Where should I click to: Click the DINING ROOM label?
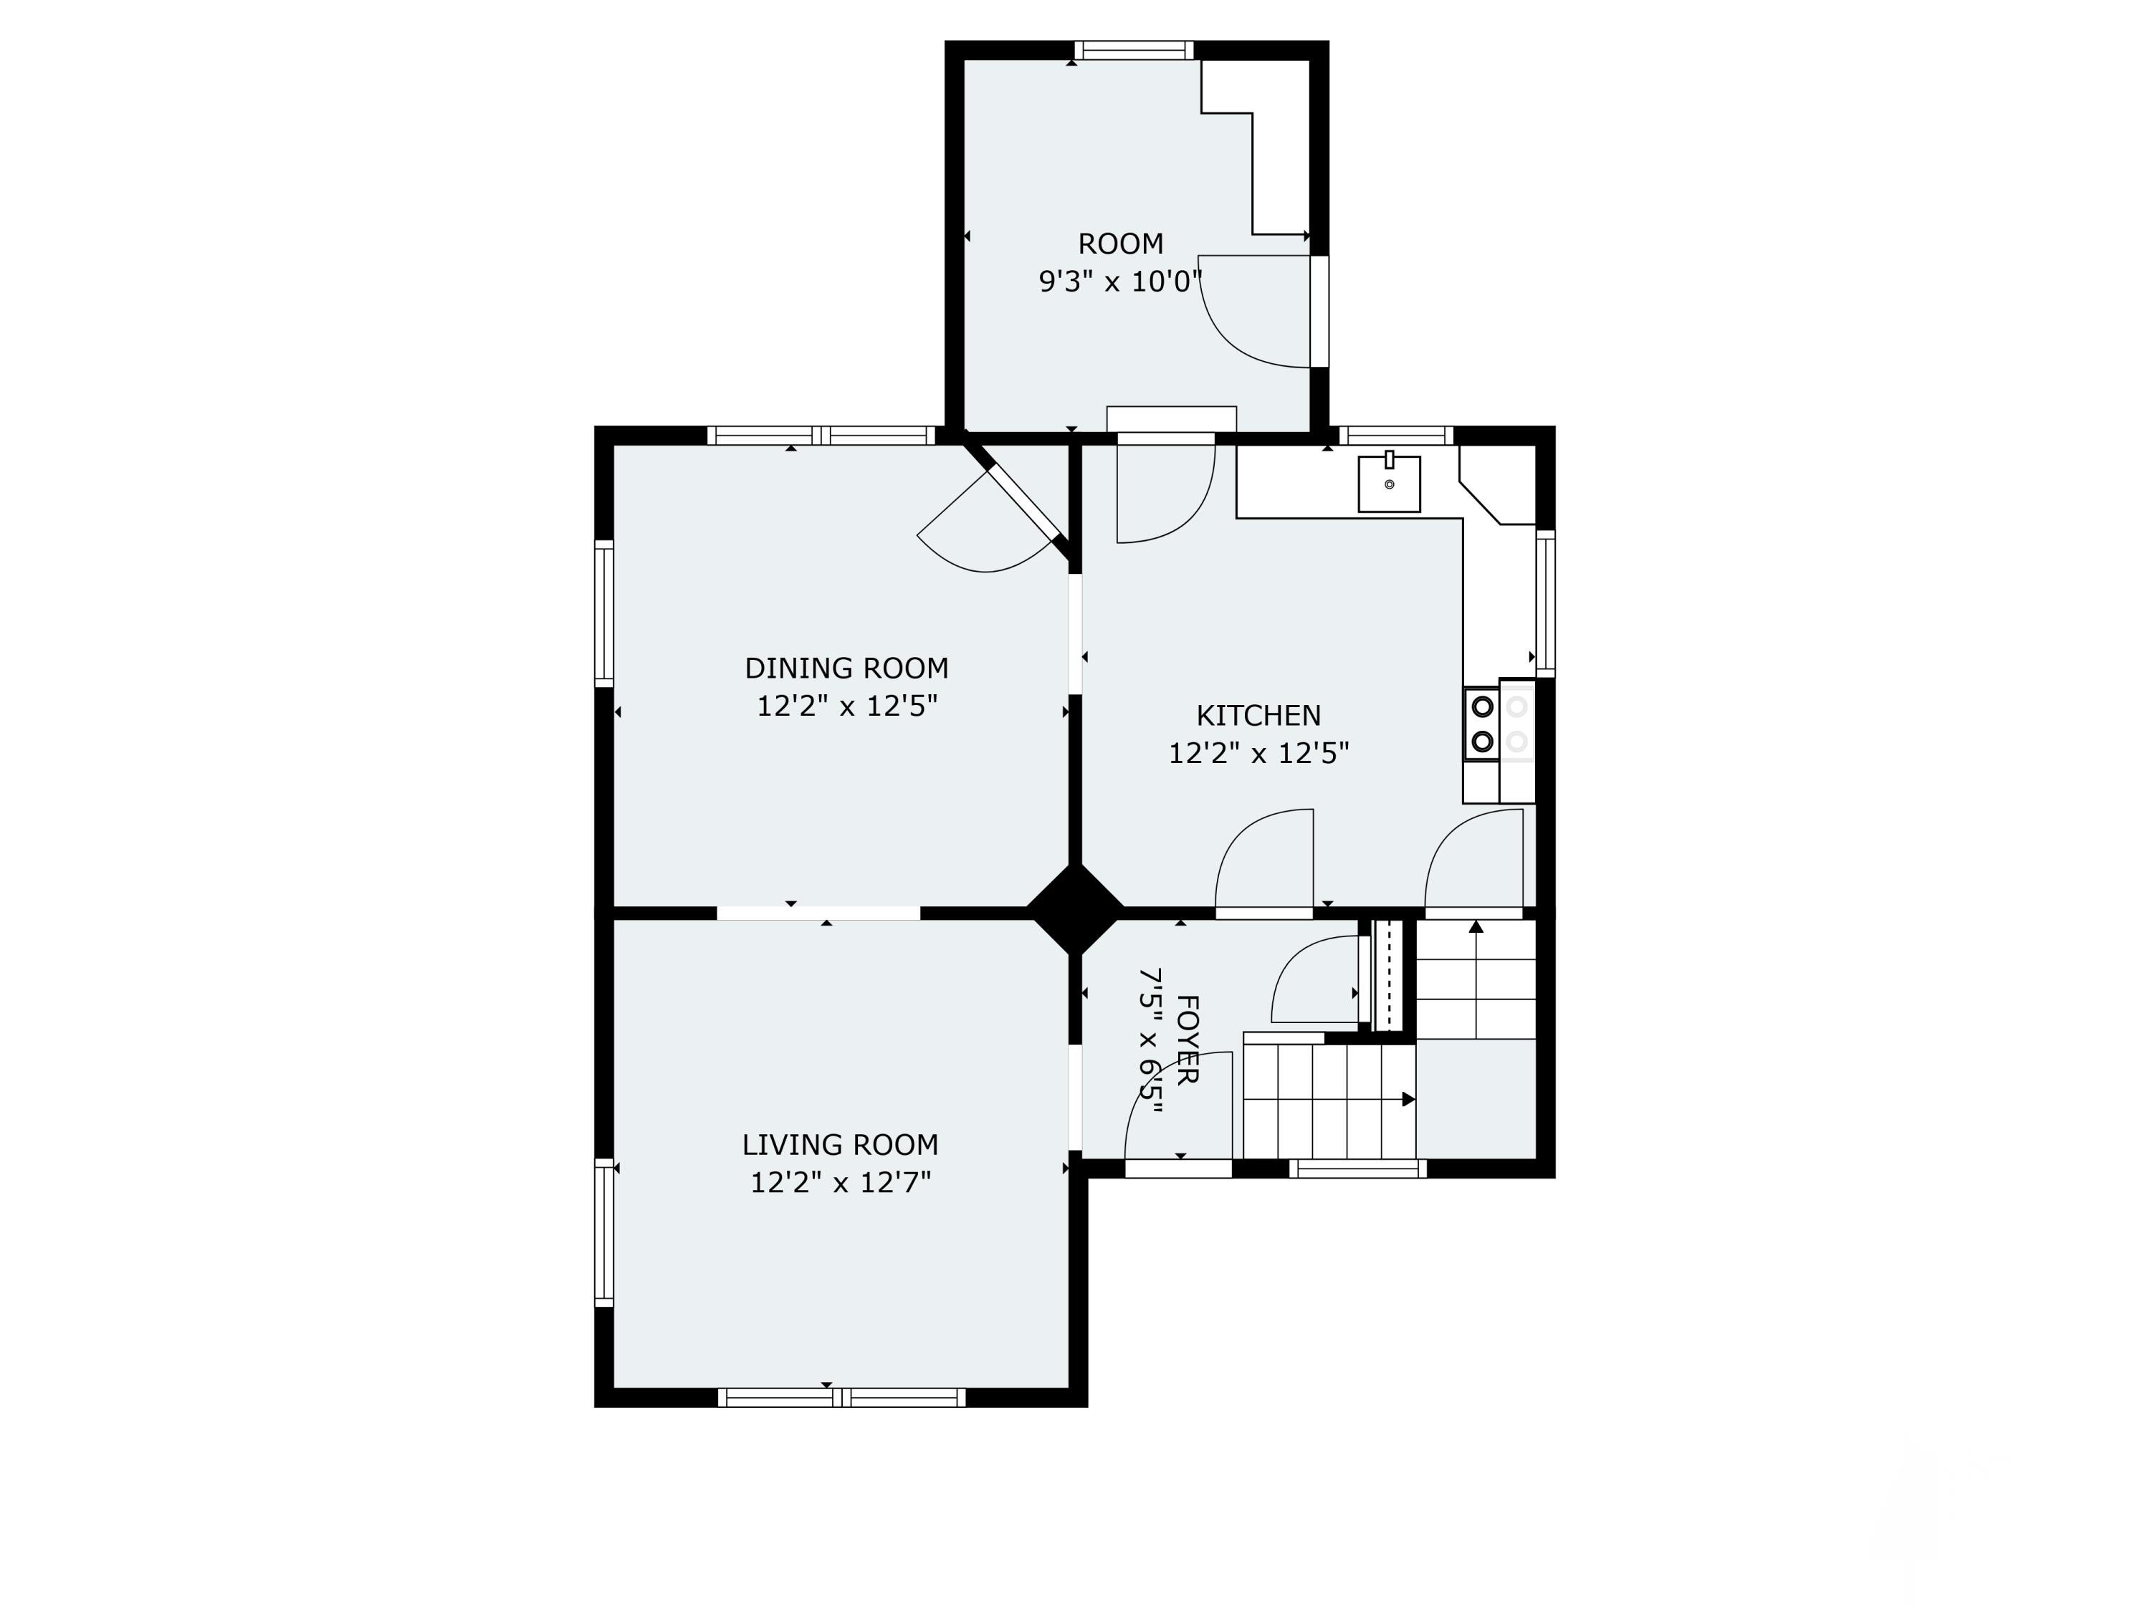(846, 668)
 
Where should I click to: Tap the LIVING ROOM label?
(840, 1145)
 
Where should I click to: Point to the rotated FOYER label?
(1187, 1040)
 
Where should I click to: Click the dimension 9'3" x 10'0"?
(1121, 282)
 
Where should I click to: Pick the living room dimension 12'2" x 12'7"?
(841, 1183)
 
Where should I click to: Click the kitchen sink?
(1389, 483)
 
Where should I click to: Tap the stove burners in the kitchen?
(1482, 724)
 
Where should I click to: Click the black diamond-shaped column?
(1075, 911)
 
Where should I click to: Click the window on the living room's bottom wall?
(842, 1397)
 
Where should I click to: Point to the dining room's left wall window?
(603, 614)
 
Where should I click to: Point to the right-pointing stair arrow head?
(1408, 1100)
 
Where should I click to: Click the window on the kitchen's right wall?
(1545, 603)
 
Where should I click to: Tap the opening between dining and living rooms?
(818, 913)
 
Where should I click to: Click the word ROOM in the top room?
(1121, 244)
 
